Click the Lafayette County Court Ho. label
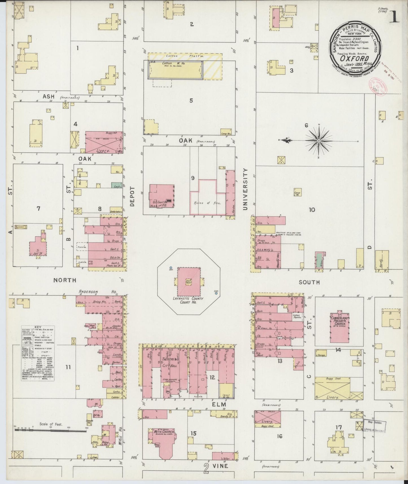tap(189, 300)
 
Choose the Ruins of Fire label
tap(208, 203)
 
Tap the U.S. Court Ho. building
tap(162, 196)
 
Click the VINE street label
tap(221, 466)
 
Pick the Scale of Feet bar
tap(50, 430)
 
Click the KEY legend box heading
tap(38, 327)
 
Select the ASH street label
tap(48, 97)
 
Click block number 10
tap(312, 210)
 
